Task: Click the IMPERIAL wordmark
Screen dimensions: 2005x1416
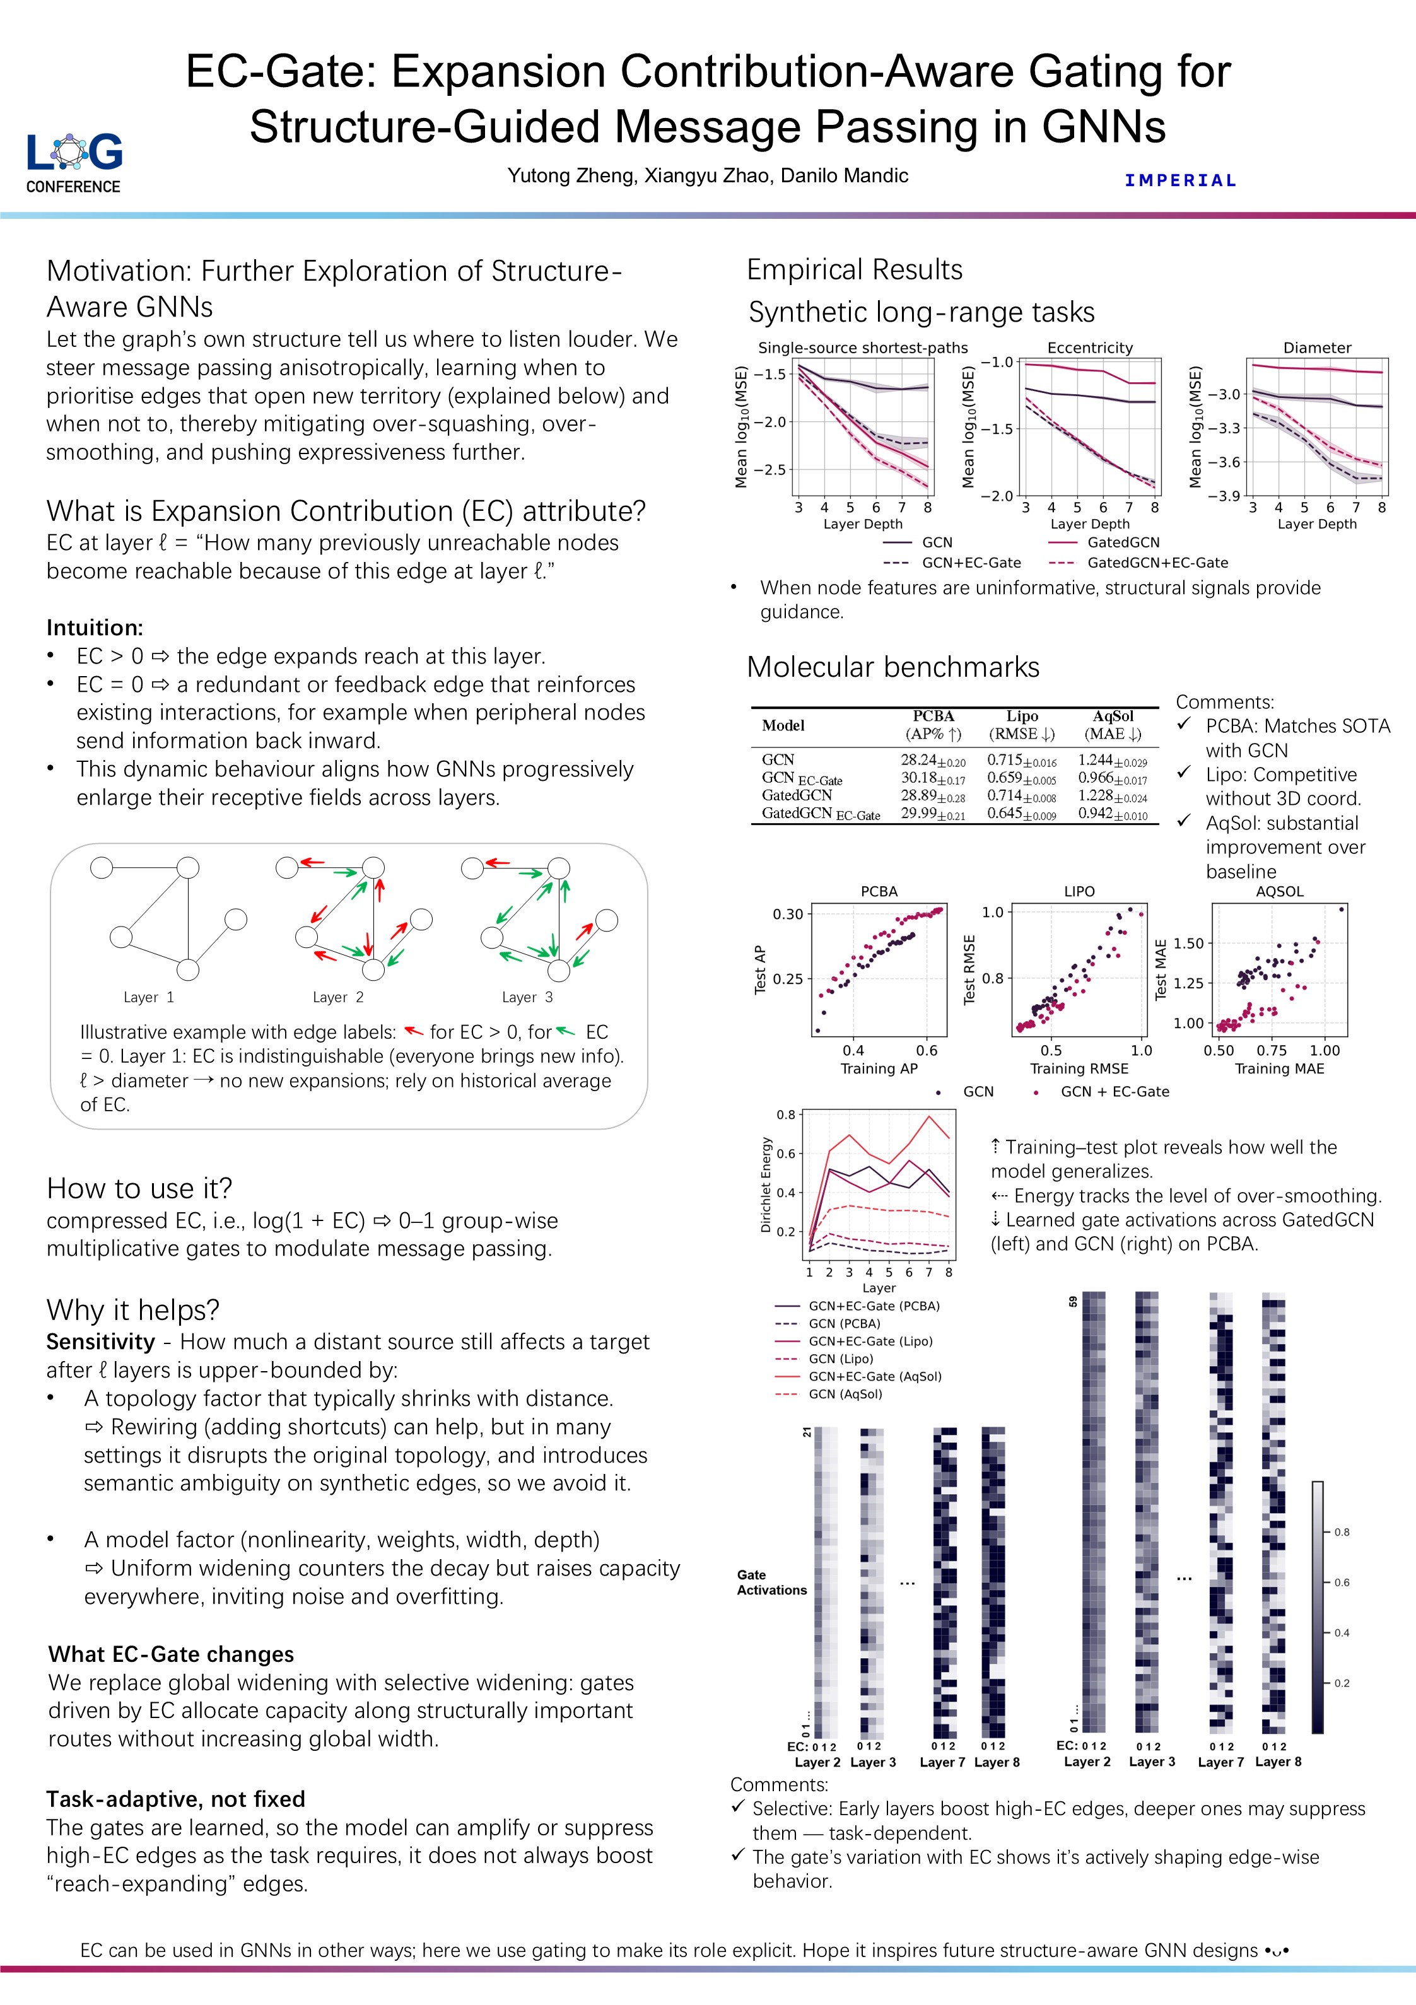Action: (x=1180, y=181)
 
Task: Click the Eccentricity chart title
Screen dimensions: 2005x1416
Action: (x=1089, y=348)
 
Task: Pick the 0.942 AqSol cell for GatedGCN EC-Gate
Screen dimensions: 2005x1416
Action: (x=1111, y=814)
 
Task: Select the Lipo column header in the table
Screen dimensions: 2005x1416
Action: (x=1021, y=716)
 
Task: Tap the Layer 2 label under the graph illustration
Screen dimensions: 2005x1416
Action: (x=338, y=997)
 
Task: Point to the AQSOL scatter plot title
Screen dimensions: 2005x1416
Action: (x=1279, y=892)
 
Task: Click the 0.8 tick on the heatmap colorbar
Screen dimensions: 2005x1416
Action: (x=1341, y=1532)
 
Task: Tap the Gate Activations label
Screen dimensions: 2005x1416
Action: (x=771, y=1582)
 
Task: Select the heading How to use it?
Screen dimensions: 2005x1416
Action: (x=140, y=1188)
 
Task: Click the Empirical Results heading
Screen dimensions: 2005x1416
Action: (x=854, y=270)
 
